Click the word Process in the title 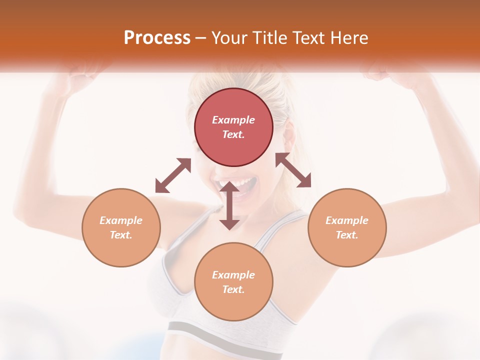157,38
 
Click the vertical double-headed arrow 229,206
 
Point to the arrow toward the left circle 173,175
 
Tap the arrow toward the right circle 293,170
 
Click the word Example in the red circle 233,120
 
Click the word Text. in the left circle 121,235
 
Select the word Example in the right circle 347,220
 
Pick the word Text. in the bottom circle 233,289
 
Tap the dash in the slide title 201,38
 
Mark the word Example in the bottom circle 233,275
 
